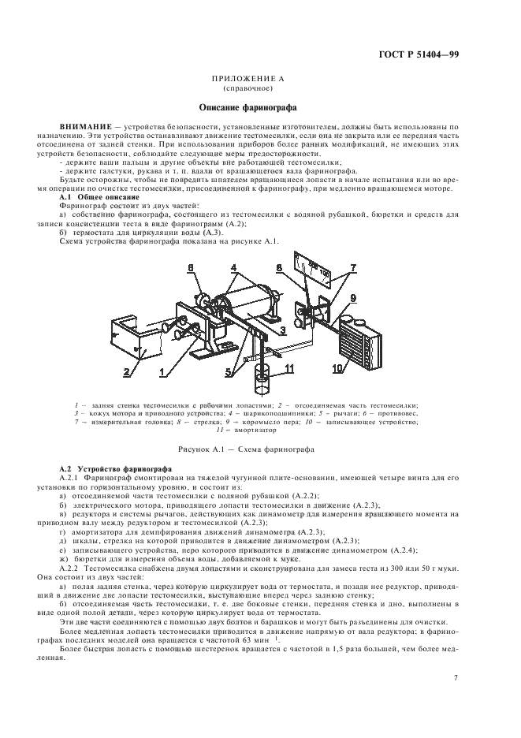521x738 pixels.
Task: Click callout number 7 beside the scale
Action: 353,269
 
